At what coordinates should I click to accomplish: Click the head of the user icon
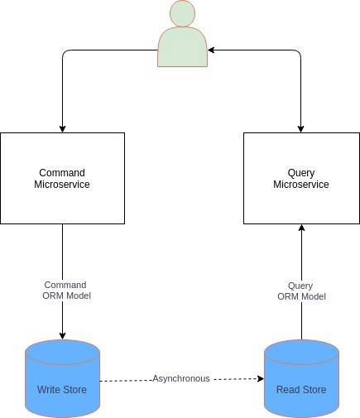(x=182, y=13)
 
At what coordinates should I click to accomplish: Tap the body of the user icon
(x=182, y=47)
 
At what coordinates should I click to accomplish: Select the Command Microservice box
(x=62, y=178)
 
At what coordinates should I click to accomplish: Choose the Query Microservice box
(x=301, y=178)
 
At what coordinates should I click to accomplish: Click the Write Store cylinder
(x=62, y=378)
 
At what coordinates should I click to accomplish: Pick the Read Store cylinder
(x=301, y=378)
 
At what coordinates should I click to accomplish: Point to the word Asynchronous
(x=181, y=378)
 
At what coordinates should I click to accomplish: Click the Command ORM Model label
(x=66, y=291)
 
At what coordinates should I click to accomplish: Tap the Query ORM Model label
(x=301, y=291)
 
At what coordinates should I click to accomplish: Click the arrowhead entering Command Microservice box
(x=62, y=129)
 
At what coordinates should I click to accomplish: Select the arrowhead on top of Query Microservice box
(x=301, y=129)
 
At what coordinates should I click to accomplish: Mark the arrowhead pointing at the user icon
(x=211, y=50)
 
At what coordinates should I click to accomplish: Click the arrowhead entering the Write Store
(x=62, y=336)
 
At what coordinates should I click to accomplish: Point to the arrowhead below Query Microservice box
(x=301, y=228)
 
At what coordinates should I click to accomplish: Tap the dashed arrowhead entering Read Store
(x=261, y=378)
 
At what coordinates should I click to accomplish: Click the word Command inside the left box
(x=62, y=173)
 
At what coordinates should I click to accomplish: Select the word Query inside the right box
(x=301, y=174)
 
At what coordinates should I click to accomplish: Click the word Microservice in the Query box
(x=301, y=185)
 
